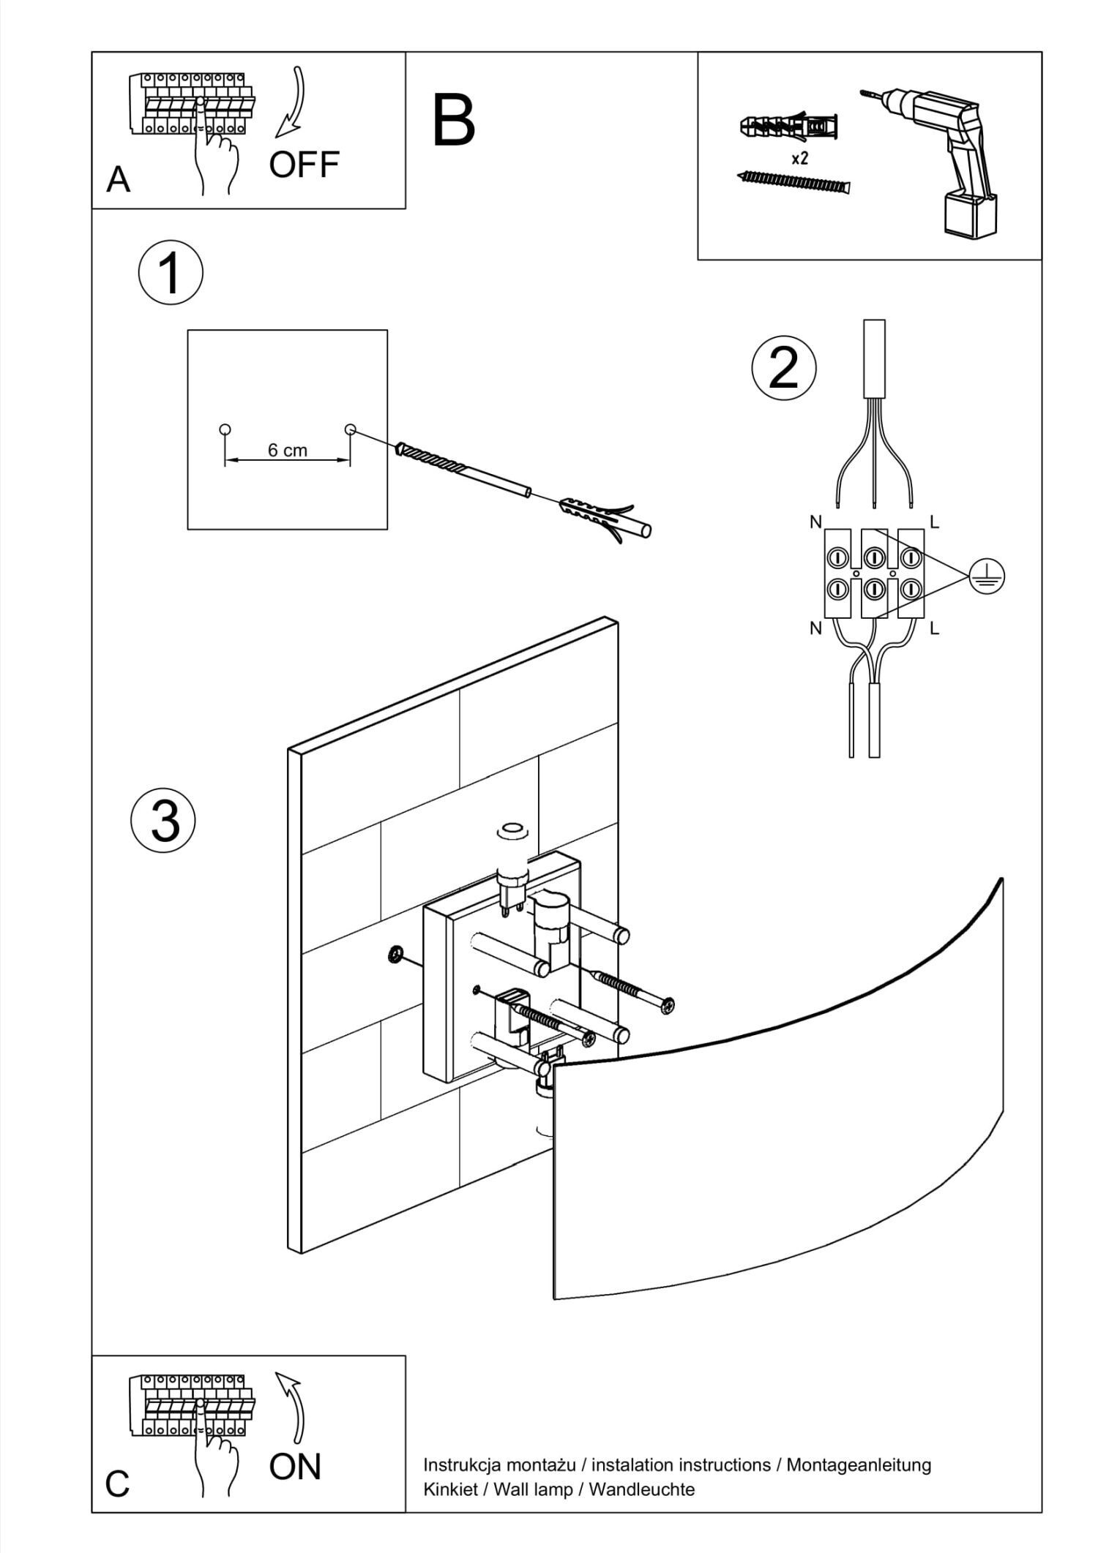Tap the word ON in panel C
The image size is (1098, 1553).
tap(295, 1466)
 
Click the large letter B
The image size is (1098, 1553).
tap(454, 121)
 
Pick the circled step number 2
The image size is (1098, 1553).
tap(784, 368)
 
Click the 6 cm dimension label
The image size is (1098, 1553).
tap(287, 451)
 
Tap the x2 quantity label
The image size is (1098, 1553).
tap(799, 158)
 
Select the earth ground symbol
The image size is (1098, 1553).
tap(987, 577)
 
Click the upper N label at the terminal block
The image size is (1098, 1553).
tap(815, 522)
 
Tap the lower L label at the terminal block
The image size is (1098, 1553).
tap(934, 628)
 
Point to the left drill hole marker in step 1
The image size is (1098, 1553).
tap(225, 429)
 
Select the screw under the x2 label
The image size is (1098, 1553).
tap(795, 181)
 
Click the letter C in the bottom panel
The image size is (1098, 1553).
tap(117, 1484)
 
